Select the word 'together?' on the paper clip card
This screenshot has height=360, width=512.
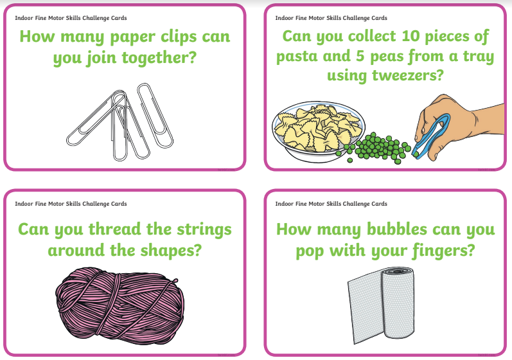(x=159, y=58)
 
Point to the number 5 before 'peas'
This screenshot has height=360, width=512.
(x=360, y=56)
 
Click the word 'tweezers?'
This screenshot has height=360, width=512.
(x=408, y=75)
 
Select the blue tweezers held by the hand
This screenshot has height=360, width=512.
(x=430, y=134)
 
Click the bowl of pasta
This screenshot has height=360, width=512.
(x=319, y=130)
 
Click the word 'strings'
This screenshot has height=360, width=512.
(x=204, y=230)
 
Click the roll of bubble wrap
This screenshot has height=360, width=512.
(x=382, y=305)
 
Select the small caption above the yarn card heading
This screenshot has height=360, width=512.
(x=71, y=204)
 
